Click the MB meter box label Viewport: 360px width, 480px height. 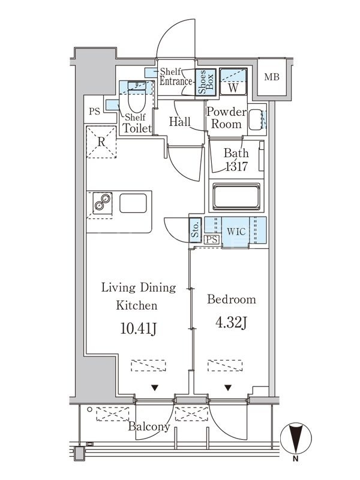coord(272,77)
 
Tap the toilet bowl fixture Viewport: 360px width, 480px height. coord(137,97)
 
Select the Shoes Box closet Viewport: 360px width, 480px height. coord(206,82)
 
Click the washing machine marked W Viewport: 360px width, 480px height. coord(233,82)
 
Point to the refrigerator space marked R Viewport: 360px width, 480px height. coord(101,142)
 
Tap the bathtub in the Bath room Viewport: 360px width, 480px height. coord(236,197)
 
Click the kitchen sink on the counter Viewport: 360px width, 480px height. coord(133,203)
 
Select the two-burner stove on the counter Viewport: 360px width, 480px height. coord(102,203)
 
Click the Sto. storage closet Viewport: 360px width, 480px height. coord(196,230)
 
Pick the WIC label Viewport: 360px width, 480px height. coord(236,231)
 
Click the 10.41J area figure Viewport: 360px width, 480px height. coord(139,329)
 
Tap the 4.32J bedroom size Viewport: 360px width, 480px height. coord(231,323)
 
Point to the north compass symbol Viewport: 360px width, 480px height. coord(296,439)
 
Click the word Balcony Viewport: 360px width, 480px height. coord(149,427)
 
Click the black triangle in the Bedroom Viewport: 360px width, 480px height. coord(228,388)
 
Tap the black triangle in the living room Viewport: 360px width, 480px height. coord(155,388)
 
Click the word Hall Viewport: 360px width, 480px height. coord(179,122)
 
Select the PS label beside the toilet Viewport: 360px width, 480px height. coord(95,112)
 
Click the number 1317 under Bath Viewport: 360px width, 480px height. coord(236,167)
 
